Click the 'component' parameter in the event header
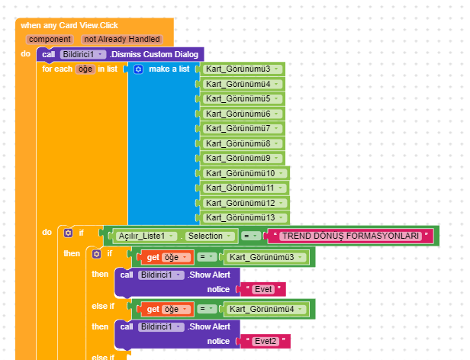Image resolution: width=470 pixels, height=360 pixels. [50, 39]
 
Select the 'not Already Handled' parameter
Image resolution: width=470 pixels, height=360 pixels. [122, 39]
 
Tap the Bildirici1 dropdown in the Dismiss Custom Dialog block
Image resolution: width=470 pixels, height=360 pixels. [82, 54]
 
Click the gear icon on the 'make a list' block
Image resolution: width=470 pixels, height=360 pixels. [138, 69]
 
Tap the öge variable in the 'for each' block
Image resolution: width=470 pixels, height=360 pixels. [85, 69]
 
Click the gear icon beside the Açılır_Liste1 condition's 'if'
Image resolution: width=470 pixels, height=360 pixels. [69, 233]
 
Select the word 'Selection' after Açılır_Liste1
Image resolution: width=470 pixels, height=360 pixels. [205, 236]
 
